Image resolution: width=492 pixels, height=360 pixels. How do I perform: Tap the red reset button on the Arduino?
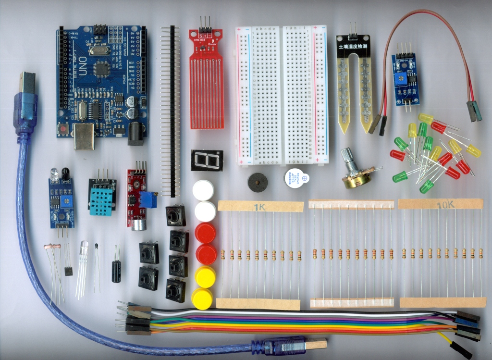click(x=63, y=128)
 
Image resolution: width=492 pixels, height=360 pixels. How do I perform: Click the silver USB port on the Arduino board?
click(x=84, y=136)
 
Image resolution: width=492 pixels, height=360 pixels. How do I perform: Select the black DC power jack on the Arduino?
click(x=135, y=133)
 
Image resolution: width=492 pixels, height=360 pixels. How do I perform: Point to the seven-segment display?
click(x=207, y=160)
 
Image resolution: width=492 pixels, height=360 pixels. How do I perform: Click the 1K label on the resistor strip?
click(x=260, y=207)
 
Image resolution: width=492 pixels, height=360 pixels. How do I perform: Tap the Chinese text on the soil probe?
click(x=354, y=48)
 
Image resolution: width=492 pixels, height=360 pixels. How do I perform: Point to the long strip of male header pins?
click(x=170, y=111)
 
